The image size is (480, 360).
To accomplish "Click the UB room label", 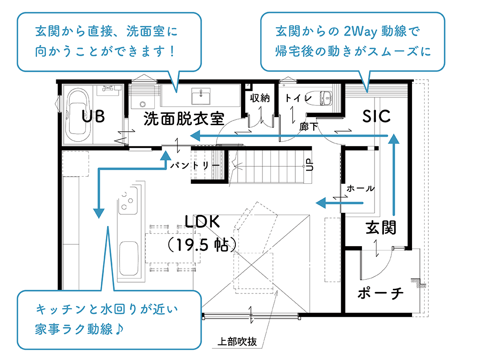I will [93, 116].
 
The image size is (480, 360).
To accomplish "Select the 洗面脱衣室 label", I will [183, 119].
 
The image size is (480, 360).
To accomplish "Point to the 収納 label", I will [260, 98].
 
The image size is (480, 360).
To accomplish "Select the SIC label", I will [376, 116].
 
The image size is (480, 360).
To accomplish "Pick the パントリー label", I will [195, 165].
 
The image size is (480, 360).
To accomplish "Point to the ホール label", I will [360, 188].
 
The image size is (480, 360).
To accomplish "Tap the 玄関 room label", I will [381, 227].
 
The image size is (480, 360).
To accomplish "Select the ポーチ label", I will [380, 293].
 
